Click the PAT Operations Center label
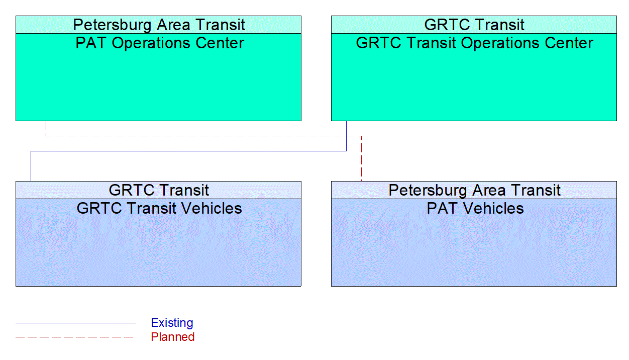click(159, 43)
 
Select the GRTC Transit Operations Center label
click(474, 43)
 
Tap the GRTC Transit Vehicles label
click(159, 209)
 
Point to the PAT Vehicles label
click(475, 209)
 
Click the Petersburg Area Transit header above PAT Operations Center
click(159, 25)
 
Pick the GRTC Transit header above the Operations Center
click(474, 25)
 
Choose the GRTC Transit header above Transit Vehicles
click(159, 190)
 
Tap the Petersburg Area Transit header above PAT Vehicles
click(474, 190)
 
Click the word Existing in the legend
click(172, 323)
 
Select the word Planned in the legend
click(172, 337)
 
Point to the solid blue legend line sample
click(75, 323)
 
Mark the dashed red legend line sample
click(75, 337)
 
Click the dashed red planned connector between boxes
click(201, 136)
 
